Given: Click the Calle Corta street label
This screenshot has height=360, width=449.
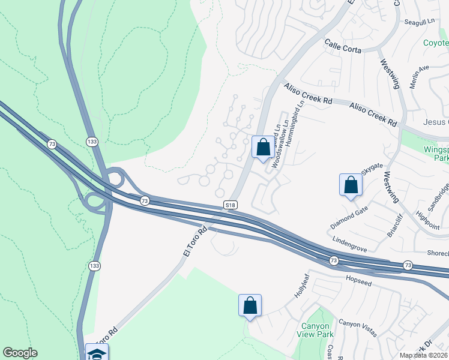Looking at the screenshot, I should point(343,47).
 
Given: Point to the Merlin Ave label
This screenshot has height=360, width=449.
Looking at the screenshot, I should point(420,77).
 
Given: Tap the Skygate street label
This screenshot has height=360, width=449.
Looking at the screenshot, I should point(372,165).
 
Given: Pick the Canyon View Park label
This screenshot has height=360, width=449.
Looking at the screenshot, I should point(316,330).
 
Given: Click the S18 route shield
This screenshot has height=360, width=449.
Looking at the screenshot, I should point(230,205).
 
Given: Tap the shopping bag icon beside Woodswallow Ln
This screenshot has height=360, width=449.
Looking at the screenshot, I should point(262,147).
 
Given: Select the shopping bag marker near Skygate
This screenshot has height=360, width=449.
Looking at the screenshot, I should point(351,185).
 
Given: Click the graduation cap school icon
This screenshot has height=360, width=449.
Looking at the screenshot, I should point(97,353).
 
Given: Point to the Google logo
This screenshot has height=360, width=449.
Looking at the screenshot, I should point(20,353).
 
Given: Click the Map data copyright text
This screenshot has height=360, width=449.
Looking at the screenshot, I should point(424,355).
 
